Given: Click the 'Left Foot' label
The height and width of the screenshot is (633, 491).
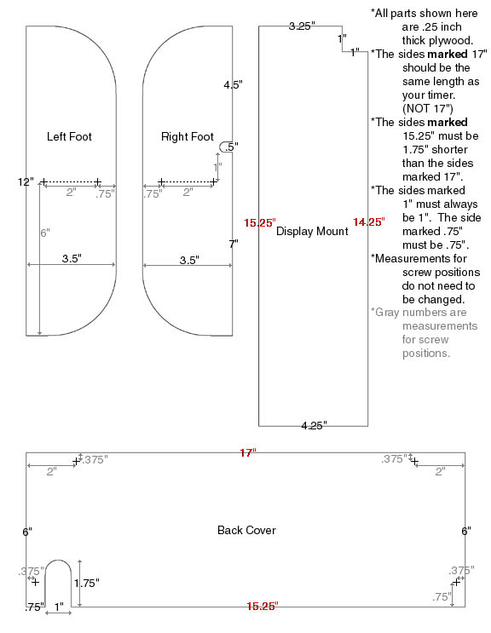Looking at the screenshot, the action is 69,136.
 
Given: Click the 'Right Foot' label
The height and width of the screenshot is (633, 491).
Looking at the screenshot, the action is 187,136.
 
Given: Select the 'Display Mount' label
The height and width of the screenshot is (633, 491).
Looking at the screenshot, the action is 312,231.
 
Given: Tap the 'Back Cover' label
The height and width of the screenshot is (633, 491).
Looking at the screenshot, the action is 246,530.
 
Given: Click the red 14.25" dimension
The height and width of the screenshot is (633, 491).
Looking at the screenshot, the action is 368,222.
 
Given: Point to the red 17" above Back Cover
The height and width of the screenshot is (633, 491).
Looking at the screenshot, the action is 248,452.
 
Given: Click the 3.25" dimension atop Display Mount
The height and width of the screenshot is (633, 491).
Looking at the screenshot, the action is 302,26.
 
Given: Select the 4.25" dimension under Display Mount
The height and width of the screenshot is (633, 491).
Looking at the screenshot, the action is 314,425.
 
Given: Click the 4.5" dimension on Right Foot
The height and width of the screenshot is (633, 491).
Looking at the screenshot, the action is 233,84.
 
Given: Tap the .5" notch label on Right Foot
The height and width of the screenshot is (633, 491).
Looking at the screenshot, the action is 231,147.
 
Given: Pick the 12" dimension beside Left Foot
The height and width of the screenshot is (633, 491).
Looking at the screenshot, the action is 26,181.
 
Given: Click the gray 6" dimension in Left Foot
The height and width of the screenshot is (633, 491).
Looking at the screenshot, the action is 45,233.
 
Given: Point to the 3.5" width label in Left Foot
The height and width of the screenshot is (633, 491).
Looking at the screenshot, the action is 72,258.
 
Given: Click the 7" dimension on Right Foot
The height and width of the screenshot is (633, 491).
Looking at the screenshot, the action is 234,244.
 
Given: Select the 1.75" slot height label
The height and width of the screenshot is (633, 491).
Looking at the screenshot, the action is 86,583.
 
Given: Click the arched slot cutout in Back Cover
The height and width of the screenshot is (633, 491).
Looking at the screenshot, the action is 58,561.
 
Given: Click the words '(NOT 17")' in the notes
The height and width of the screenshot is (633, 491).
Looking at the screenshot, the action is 428,108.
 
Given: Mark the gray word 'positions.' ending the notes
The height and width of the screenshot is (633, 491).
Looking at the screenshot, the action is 426,354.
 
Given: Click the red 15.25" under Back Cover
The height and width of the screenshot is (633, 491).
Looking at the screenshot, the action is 263,606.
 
